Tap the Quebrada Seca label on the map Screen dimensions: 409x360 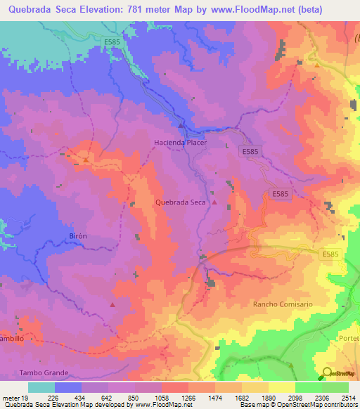click(x=180, y=202)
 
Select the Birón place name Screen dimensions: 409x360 click(x=77, y=236)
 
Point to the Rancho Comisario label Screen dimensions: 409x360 click(x=281, y=304)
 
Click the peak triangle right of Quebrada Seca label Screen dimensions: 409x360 click(x=215, y=202)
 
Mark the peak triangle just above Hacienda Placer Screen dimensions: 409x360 click(x=181, y=126)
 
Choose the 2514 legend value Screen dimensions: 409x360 click(x=348, y=397)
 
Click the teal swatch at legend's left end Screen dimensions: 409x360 click(x=41, y=387)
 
